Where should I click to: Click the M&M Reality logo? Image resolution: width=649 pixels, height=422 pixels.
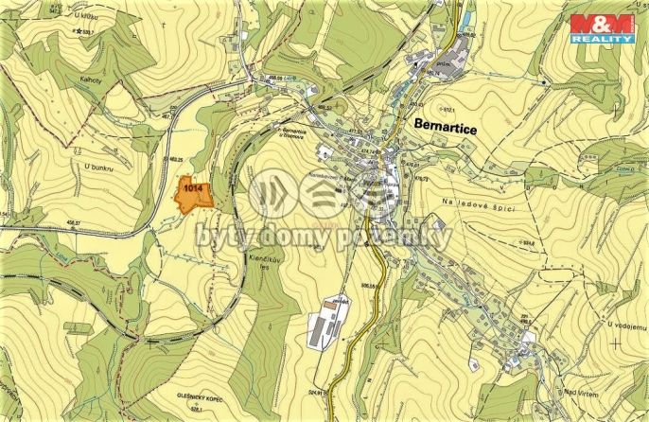coord(602,27)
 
